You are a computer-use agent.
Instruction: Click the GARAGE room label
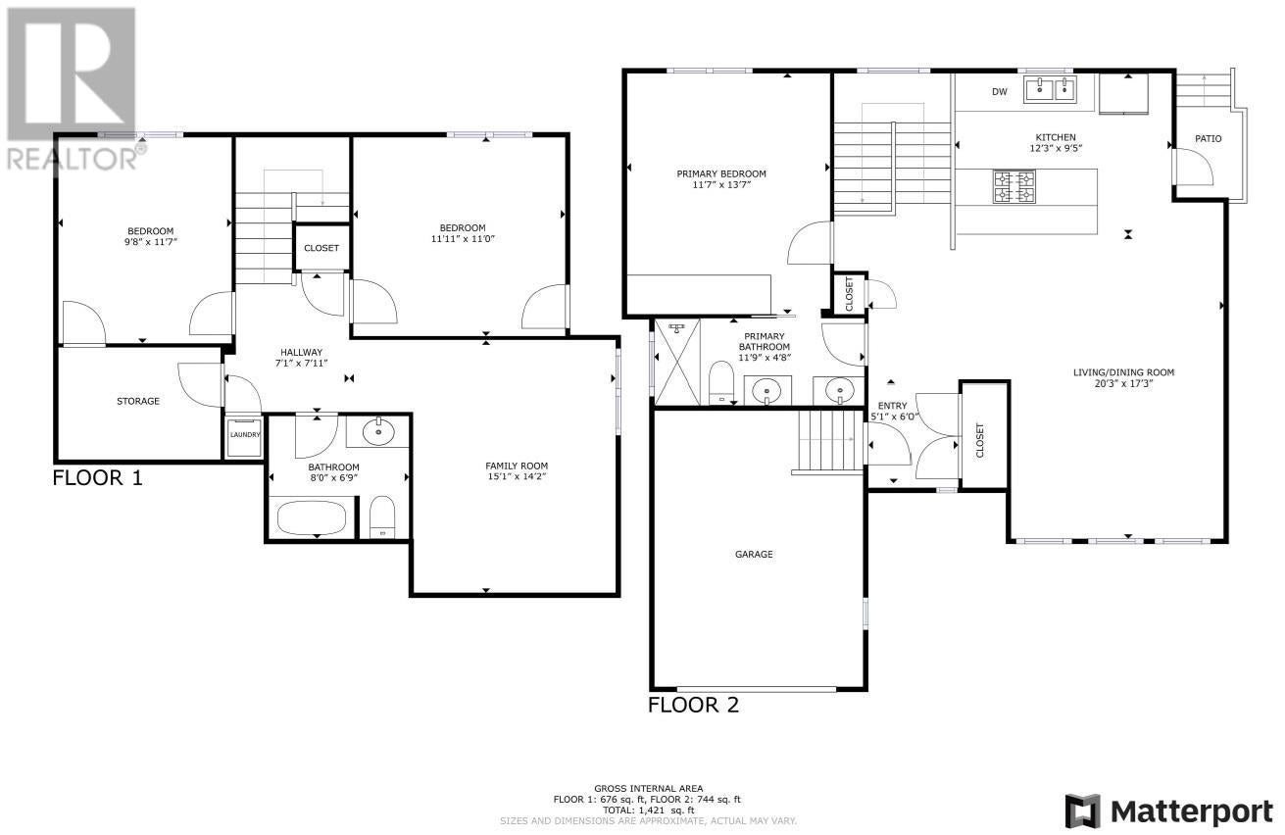[754, 554]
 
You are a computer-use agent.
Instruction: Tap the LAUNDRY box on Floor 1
[245, 437]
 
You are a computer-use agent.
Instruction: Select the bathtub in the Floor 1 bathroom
[312, 518]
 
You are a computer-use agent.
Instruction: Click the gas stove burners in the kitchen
[1014, 187]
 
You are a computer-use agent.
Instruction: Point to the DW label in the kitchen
[1000, 92]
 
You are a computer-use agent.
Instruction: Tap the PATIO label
[1209, 139]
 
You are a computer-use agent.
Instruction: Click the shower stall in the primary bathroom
[677, 363]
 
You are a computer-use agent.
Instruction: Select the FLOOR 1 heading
[97, 477]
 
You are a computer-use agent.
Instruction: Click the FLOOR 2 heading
[694, 705]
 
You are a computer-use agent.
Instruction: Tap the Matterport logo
[1169, 811]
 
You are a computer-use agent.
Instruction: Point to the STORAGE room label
[138, 401]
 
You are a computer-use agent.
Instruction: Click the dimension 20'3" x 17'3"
[1124, 383]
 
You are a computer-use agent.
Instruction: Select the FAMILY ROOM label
[517, 467]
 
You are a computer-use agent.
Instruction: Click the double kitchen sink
[1051, 89]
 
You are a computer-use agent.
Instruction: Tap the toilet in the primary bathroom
[721, 382]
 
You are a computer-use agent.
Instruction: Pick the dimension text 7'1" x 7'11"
[301, 363]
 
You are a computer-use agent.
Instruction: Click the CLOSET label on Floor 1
[321, 248]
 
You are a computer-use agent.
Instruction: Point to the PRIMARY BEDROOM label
[721, 173]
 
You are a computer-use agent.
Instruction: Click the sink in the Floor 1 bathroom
[377, 430]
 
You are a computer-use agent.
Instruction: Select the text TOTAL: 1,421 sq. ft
[648, 810]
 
